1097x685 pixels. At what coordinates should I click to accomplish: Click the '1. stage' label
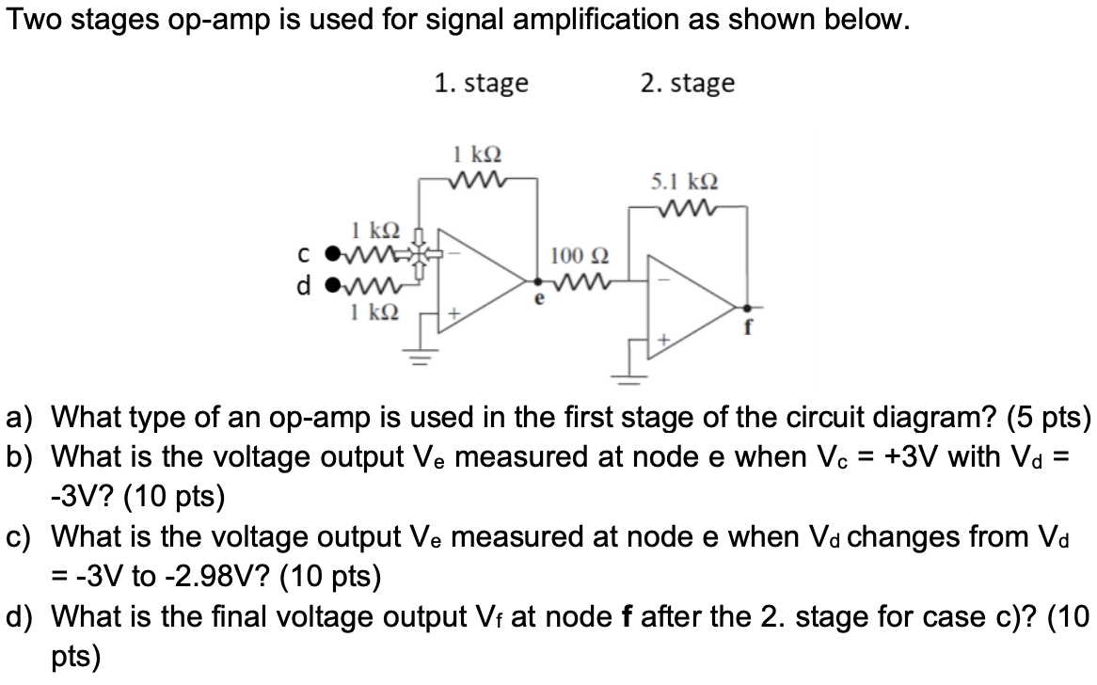point(481,83)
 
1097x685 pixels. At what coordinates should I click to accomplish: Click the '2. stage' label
point(687,83)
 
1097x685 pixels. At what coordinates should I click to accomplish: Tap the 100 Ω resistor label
point(580,255)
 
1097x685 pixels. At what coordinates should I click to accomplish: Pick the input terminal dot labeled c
point(329,255)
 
